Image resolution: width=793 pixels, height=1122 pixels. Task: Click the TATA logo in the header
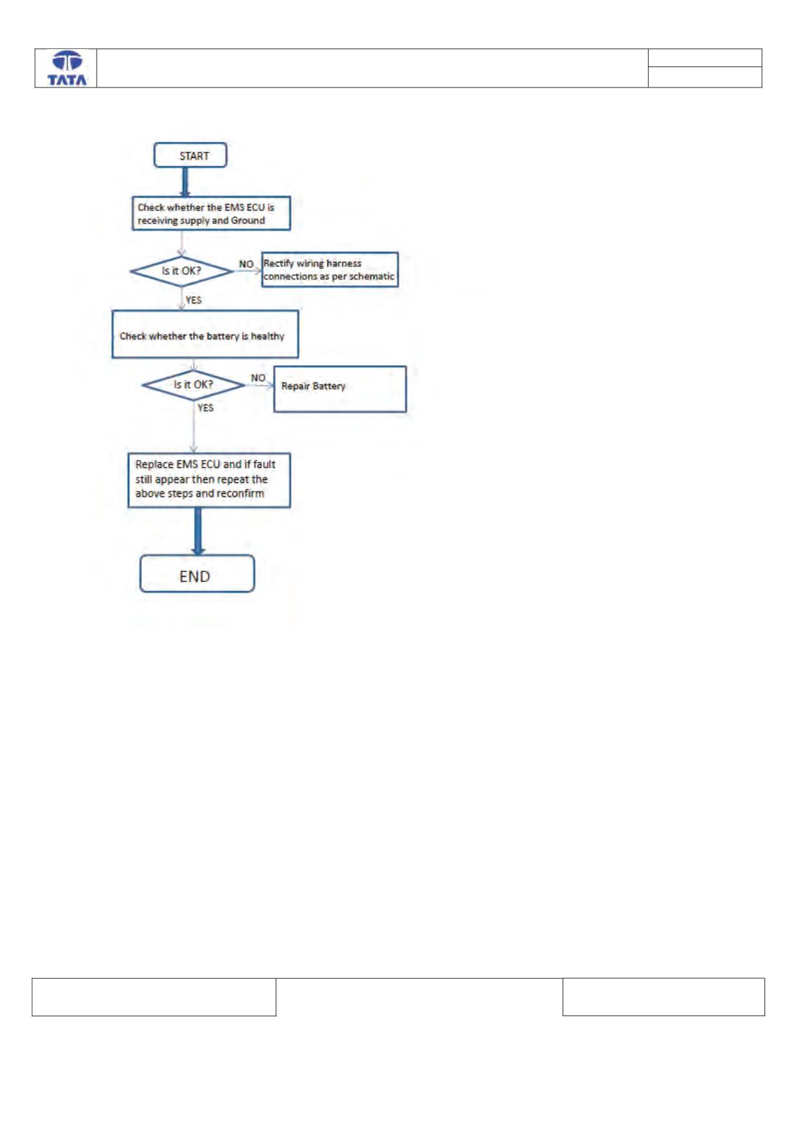coord(67,68)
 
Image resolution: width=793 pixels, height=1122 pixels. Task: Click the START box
coord(190,155)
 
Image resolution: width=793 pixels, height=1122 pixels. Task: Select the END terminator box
coord(197,574)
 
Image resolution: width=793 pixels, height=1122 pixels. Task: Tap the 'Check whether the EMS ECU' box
coord(211,213)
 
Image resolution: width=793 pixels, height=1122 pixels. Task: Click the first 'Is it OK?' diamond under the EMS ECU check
coord(182,272)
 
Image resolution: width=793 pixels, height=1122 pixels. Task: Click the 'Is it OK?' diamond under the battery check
coord(193,385)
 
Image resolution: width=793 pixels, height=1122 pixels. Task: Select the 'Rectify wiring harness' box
coord(330,270)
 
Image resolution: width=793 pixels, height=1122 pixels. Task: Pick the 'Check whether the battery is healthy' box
coord(205,334)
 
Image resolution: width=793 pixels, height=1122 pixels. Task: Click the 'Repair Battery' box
coord(340,389)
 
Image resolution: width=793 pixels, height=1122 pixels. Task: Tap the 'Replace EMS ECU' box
coord(209,480)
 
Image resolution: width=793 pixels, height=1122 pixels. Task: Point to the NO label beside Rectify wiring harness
coord(246,264)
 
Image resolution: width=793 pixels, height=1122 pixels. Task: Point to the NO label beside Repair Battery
coord(258,378)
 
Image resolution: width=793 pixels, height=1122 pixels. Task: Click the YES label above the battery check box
coord(193,300)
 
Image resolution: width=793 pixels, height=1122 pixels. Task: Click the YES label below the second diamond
coord(205,408)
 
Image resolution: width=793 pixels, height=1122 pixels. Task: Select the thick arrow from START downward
coord(185,182)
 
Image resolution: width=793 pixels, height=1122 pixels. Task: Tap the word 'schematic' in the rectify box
coord(370,276)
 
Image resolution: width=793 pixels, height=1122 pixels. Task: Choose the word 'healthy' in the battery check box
coord(268,337)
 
